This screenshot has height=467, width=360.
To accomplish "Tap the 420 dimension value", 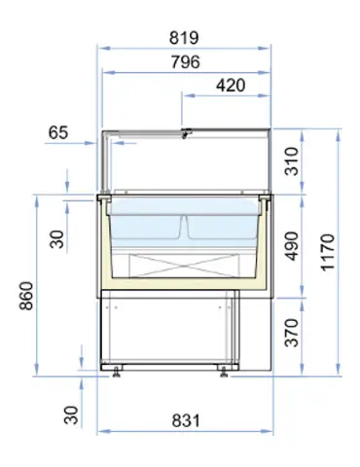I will pos(229,86).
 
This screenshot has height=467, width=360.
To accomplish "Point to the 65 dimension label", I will pos(57,133).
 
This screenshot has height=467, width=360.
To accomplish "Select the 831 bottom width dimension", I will pos(185,420).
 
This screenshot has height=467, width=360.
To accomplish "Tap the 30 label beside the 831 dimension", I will pos(71,414).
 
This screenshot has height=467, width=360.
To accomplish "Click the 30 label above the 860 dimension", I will pos(57,237).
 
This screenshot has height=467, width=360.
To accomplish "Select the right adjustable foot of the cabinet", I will pos(225,369).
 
